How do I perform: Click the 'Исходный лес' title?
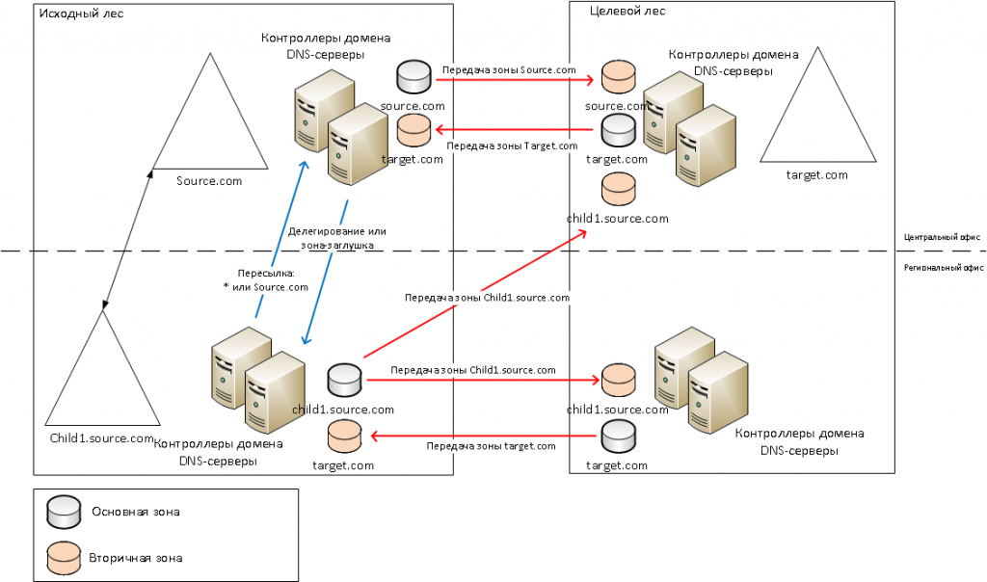pos(81,13)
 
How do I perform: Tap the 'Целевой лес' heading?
pos(627,11)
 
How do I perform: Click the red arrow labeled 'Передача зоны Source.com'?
pos(513,79)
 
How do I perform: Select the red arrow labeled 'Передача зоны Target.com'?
pos(514,130)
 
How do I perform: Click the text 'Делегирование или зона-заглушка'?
pos(336,238)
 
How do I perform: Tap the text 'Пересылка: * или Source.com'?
pos(266,280)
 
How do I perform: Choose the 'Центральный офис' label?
pos(942,237)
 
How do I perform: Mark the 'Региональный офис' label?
pos(944,268)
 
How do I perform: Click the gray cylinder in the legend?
pos(64,512)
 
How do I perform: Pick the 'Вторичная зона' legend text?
pos(135,558)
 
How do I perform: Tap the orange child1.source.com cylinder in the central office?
pos(618,190)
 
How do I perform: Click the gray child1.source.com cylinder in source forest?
pos(344,380)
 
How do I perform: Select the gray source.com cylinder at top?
pos(413,77)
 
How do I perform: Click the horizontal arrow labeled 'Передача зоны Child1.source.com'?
pos(484,380)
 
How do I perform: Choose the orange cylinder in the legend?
pos(64,558)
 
